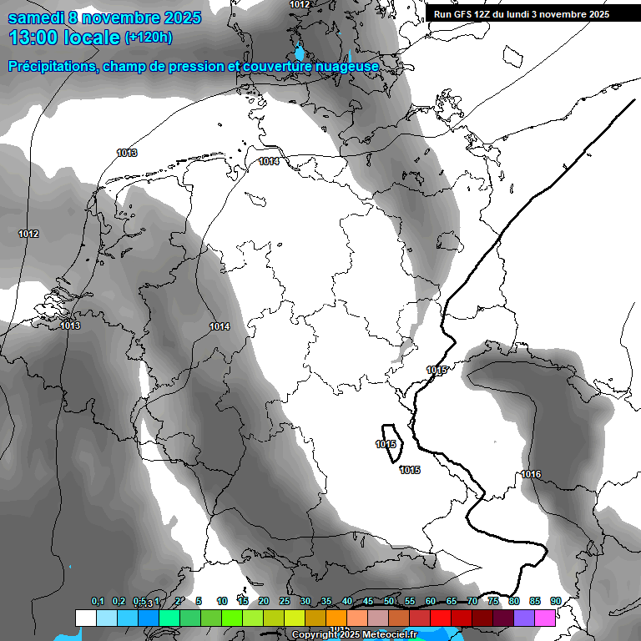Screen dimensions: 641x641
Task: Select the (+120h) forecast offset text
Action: (x=148, y=38)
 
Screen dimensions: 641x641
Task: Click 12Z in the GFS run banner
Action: (x=481, y=14)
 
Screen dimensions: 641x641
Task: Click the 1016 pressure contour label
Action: (x=531, y=474)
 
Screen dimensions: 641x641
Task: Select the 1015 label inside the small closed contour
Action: (x=386, y=444)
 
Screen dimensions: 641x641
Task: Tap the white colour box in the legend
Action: (x=85, y=618)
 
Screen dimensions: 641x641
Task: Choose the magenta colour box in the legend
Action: (x=545, y=618)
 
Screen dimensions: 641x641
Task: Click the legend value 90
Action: (x=556, y=601)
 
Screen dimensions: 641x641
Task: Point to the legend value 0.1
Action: (x=97, y=601)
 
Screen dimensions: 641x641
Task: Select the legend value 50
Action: (x=389, y=601)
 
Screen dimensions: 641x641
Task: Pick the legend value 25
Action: (x=285, y=601)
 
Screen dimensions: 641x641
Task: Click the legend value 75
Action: (x=493, y=601)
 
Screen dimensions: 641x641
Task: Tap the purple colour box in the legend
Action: (x=524, y=618)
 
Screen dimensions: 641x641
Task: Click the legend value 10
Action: (x=222, y=601)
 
